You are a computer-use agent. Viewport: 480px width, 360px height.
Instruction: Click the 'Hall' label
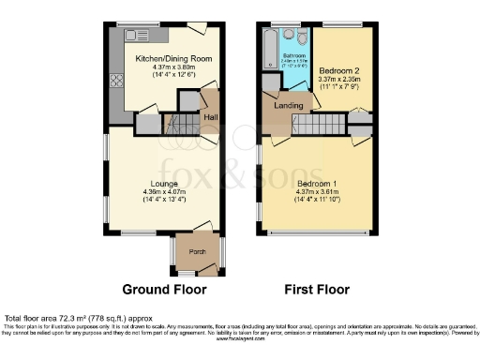(x=210, y=117)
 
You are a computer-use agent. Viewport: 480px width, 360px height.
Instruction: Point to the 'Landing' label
(x=289, y=105)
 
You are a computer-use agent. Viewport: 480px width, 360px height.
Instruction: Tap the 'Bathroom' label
(x=294, y=56)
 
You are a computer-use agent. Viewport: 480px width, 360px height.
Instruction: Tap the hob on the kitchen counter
(x=117, y=80)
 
